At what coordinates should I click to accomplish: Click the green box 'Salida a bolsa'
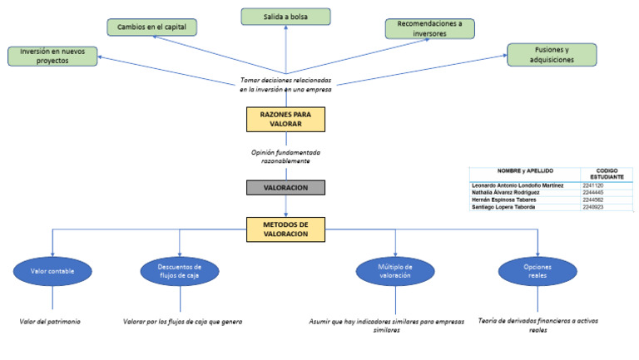(x=285, y=17)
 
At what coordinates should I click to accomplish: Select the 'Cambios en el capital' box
(x=152, y=27)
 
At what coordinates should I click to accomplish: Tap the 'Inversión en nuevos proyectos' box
(x=52, y=57)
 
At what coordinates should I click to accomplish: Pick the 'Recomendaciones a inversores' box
(x=429, y=29)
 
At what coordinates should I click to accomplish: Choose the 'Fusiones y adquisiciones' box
(x=552, y=55)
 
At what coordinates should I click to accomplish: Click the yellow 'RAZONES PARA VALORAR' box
(x=285, y=120)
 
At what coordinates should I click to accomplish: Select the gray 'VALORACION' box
(x=285, y=188)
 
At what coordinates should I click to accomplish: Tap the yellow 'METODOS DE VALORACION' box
(x=285, y=229)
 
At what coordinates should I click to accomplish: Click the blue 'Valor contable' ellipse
(x=52, y=271)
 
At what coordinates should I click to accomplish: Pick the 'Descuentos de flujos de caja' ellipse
(x=179, y=271)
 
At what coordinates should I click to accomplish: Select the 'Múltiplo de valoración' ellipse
(x=395, y=271)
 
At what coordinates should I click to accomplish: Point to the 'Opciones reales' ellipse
(x=537, y=271)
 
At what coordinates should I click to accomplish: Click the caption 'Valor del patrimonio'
(x=51, y=321)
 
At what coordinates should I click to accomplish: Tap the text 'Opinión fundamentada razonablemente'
(x=285, y=157)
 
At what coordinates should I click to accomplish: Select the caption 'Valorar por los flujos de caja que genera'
(x=182, y=321)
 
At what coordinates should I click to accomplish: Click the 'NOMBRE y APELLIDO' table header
(x=525, y=170)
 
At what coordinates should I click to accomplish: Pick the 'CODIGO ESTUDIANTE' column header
(x=607, y=174)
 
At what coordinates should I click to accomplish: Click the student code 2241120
(x=595, y=185)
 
